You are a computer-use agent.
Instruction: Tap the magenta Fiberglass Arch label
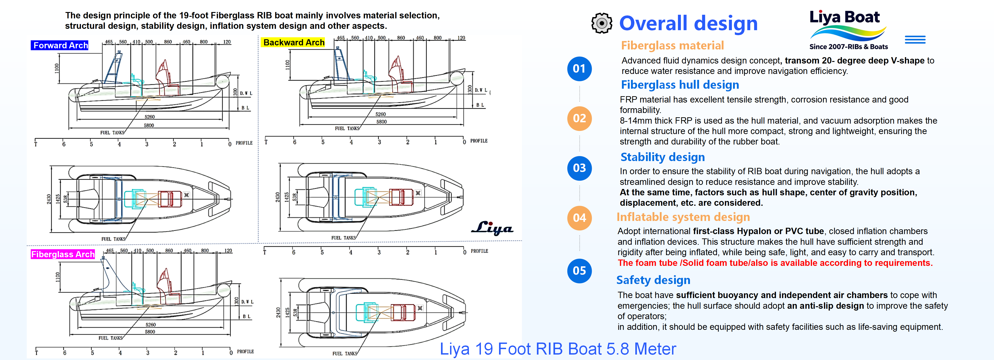click(x=63, y=254)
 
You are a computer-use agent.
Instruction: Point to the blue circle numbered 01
click(x=579, y=69)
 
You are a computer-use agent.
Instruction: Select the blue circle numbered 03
click(x=579, y=168)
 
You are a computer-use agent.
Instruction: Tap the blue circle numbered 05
click(x=579, y=271)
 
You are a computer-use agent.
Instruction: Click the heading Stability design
click(x=663, y=157)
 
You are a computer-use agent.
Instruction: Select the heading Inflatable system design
click(x=683, y=217)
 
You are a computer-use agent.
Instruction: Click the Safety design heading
click(x=653, y=280)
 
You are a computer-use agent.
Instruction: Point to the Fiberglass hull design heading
click(x=680, y=85)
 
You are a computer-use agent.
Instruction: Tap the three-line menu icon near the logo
click(x=915, y=40)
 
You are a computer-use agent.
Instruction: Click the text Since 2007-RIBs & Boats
click(x=848, y=47)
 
